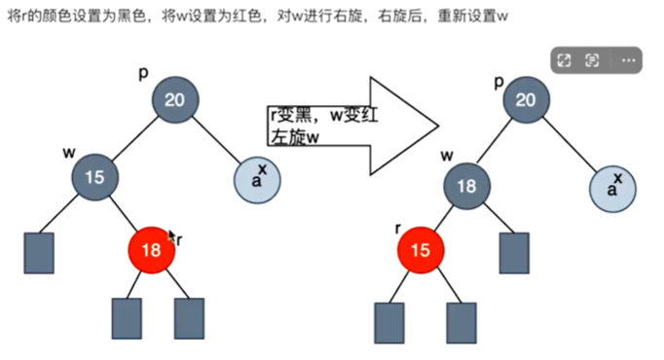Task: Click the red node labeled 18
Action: point(151,250)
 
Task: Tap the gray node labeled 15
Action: point(95,176)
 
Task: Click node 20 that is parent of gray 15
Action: point(174,100)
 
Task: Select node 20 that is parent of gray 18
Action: point(526,100)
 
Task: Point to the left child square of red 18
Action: point(128,316)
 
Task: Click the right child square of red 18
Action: point(189,316)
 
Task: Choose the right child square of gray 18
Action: point(513,252)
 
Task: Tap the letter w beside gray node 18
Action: point(447,155)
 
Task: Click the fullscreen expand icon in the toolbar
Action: point(564,61)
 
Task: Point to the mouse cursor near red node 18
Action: point(172,235)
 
